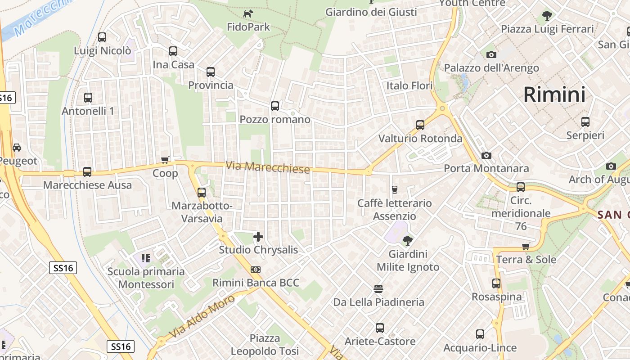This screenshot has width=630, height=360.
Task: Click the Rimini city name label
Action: pyautogui.click(x=554, y=95)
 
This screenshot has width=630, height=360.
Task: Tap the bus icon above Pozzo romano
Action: pyautogui.click(x=274, y=107)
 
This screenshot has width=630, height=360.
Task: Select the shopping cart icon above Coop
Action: pyautogui.click(x=165, y=160)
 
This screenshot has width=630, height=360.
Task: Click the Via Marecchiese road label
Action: pyautogui.click(x=267, y=167)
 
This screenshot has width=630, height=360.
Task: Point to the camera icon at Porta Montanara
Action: pyautogui.click(x=486, y=156)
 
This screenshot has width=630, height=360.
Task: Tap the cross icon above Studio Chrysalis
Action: pyautogui.click(x=258, y=237)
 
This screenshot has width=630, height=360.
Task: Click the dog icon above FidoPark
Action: pyautogui.click(x=248, y=14)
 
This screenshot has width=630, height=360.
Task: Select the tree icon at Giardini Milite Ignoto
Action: pyautogui.click(x=408, y=241)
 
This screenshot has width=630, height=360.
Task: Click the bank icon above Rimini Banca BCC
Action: pyautogui.click(x=256, y=270)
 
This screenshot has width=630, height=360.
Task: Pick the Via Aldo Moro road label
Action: pyautogui.click(x=202, y=316)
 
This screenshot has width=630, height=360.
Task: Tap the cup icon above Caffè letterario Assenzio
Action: pyautogui.click(x=395, y=190)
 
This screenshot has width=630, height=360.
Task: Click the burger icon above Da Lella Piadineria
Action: pyautogui.click(x=378, y=288)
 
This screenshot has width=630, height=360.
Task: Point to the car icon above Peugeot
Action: pyautogui.click(x=17, y=148)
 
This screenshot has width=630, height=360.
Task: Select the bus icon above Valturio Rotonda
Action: pyautogui.click(x=420, y=125)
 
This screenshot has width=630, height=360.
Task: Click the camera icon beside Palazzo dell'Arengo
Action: pyautogui.click(x=491, y=55)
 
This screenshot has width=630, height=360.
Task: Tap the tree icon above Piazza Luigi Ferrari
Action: pyautogui.click(x=547, y=16)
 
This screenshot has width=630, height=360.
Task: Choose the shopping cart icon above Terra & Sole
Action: pyautogui.click(x=526, y=247)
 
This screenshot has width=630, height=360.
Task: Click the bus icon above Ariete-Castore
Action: pyautogui.click(x=380, y=328)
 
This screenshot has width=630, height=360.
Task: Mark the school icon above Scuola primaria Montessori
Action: pyautogui.click(x=145, y=258)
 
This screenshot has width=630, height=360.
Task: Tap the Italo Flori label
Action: pyautogui.click(x=409, y=85)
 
